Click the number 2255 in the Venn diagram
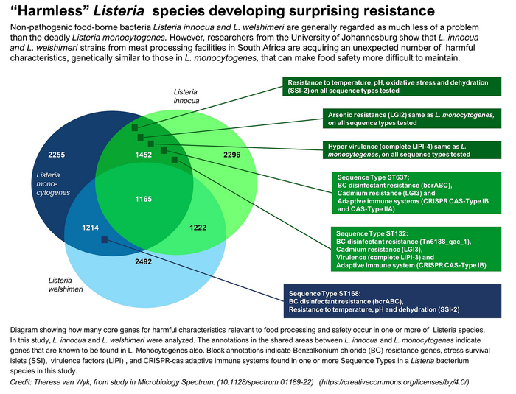(x=57, y=155)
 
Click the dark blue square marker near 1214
(x=105, y=240)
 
